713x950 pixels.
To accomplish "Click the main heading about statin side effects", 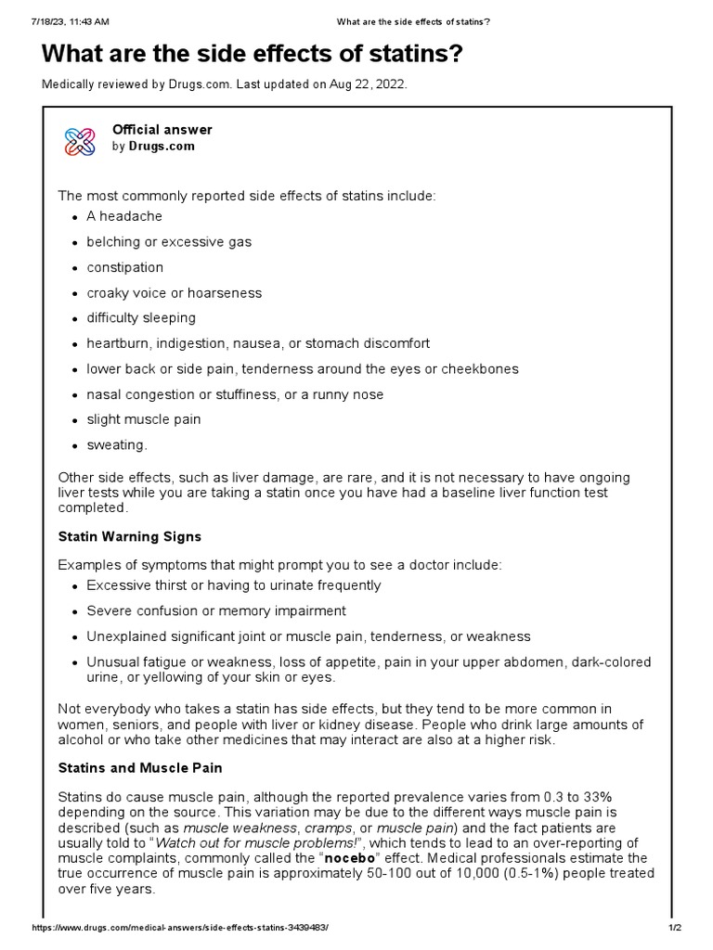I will point(252,55).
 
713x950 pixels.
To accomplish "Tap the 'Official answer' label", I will point(162,130).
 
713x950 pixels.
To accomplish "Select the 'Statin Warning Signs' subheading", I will point(129,537).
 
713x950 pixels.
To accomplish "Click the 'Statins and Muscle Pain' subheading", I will point(140,769).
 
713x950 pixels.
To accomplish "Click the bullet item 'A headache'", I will point(124,216).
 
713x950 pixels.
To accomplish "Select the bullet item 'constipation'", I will point(124,267).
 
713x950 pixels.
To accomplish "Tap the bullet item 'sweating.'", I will point(117,445).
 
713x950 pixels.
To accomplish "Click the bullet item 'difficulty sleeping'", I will point(141,318).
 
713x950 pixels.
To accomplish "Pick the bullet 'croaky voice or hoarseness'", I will point(175,293).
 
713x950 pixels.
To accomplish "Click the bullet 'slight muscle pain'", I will point(144,419).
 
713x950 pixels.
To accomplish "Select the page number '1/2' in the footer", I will point(675,928).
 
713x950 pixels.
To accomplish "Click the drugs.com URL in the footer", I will point(180,928).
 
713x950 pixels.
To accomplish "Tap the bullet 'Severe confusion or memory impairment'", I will point(216,611).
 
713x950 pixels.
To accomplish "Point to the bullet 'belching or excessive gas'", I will point(169,242).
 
